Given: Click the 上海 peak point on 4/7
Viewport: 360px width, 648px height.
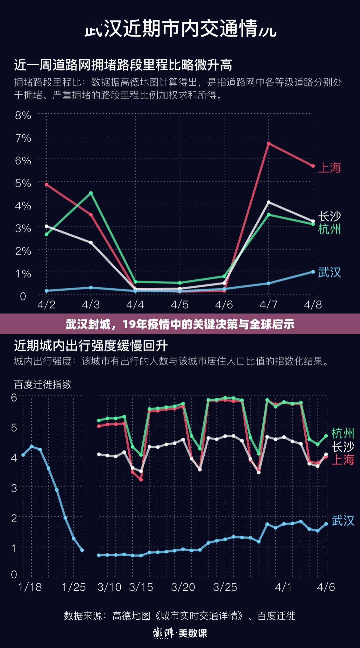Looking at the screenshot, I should coord(268,144).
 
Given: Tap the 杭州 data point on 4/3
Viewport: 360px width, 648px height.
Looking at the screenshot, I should coord(91,193).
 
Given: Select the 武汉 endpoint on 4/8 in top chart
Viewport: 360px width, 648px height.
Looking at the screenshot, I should coord(313,272).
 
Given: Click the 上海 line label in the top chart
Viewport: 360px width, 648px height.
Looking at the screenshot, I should coord(329,168).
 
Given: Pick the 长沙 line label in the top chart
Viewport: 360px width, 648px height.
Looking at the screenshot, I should coord(329,217).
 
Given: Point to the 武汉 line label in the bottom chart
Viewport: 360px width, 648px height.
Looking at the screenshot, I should coord(343,520).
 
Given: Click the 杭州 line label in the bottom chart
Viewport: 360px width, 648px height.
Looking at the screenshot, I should coord(343,433).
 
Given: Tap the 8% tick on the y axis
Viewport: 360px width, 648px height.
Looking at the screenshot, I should coord(23,115).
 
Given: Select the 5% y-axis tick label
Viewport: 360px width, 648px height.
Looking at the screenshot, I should coord(23,183).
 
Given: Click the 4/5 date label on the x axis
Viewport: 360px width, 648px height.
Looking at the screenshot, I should coord(180,305).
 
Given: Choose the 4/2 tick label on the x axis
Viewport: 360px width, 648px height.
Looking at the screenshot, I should coord(46,305).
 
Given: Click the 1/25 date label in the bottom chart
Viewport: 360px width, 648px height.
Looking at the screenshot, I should coord(74,587).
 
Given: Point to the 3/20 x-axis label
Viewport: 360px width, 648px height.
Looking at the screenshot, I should coord(183,587).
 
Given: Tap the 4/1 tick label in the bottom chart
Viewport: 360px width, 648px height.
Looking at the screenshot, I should coord(283,587).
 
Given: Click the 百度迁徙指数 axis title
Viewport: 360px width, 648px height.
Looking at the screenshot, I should coord(43,384).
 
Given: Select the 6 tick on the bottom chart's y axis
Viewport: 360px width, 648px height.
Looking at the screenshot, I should coord(14,397).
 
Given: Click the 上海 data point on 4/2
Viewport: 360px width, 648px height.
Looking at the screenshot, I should coord(46,185).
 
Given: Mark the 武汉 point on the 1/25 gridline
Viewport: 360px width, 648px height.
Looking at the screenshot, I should coord(82,550).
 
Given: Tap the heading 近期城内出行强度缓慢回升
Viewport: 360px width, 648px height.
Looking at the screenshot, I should coord(91,346).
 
